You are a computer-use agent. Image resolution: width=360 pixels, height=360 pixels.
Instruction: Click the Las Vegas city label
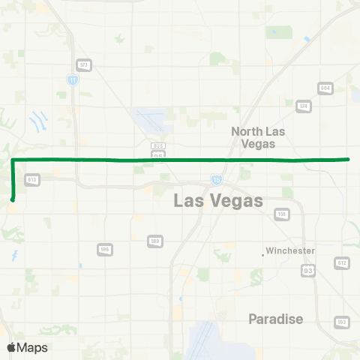218,201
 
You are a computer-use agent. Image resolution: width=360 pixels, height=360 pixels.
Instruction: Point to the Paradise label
276,319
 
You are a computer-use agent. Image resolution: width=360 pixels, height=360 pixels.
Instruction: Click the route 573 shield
85,65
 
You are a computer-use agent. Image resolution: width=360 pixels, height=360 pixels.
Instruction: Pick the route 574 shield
303,106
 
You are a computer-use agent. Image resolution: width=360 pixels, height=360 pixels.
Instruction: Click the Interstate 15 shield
216,179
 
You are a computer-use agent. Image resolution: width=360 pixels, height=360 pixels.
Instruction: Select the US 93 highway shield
307,268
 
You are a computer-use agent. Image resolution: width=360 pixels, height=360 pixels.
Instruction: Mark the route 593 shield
341,322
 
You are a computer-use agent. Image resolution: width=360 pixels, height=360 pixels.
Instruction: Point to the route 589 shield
155,241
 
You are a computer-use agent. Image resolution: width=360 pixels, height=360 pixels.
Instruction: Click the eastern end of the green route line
349,159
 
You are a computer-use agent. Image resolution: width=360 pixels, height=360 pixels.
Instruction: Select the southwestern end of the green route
13,199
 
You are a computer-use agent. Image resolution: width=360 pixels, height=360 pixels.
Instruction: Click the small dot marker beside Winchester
263,255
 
